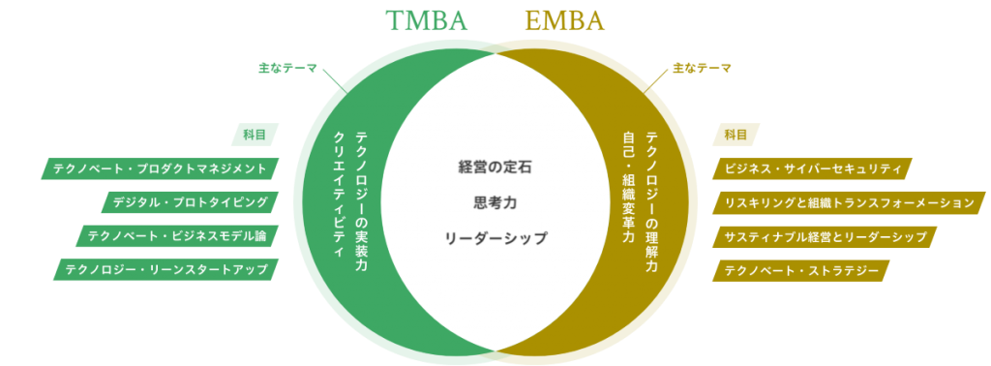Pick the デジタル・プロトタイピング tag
coord(190,202)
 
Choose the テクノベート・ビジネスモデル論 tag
coord(176,235)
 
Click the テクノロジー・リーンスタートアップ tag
coord(165,269)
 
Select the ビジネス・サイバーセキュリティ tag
coord(814,168)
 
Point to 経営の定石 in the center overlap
coord(495,167)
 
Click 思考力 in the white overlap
coord(495,202)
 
